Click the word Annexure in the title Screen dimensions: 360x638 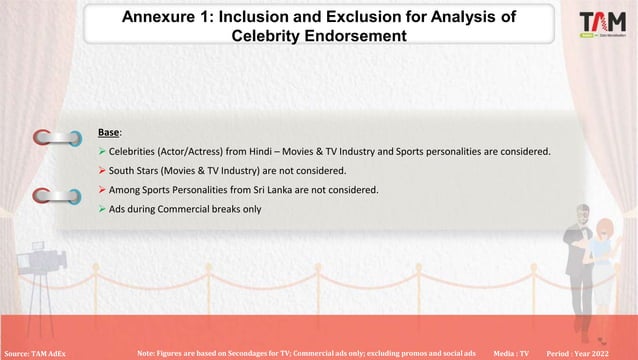click(x=162, y=16)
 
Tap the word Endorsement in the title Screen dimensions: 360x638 click(x=357, y=36)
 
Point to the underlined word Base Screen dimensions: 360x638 click(x=109, y=132)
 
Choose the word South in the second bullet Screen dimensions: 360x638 click(x=123, y=171)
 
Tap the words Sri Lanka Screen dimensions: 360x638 click(x=295, y=190)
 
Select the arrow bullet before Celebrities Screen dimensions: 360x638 click(x=102, y=151)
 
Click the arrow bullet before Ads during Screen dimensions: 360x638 click(x=102, y=209)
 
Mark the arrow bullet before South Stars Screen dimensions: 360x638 click(x=102, y=171)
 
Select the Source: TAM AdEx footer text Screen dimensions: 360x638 click(x=36, y=353)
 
